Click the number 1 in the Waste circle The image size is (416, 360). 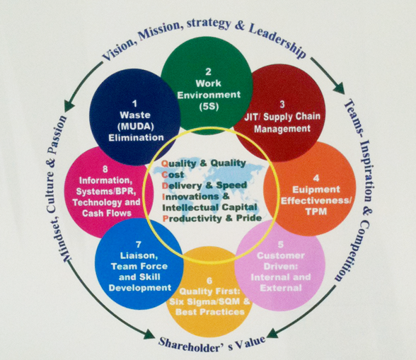134,103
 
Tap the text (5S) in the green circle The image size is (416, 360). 209,106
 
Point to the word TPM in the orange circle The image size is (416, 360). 316,211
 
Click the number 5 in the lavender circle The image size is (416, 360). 281,244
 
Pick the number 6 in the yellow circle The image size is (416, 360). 209,281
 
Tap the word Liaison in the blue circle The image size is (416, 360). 139,256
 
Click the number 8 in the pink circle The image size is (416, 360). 105,169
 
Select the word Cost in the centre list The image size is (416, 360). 173,175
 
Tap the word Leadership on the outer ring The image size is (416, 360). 277,40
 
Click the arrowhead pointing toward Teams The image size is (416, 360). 339,88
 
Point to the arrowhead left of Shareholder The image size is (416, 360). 149,335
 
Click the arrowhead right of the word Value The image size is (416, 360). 272,333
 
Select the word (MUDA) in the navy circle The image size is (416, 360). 136,127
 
